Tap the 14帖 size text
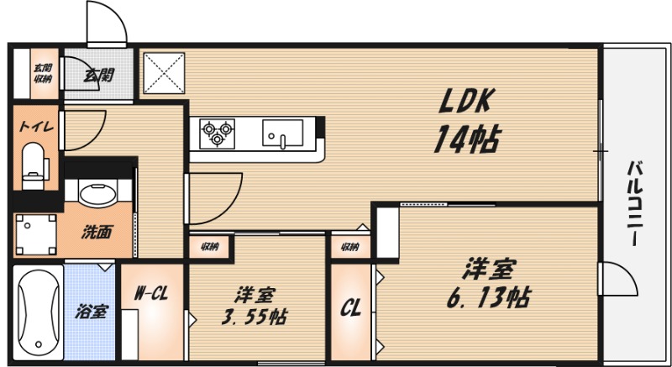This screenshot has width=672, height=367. click(x=466, y=139)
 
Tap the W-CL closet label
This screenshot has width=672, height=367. click(x=153, y=294)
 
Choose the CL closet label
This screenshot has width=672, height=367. click(x=349, y=309)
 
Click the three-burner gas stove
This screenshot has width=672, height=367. click(x=217, y=133)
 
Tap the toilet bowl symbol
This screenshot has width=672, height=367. click(x=34, y=163)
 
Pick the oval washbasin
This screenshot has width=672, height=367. click(x=98, y=193)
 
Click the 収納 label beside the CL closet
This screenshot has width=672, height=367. click(x=349, y=247)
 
